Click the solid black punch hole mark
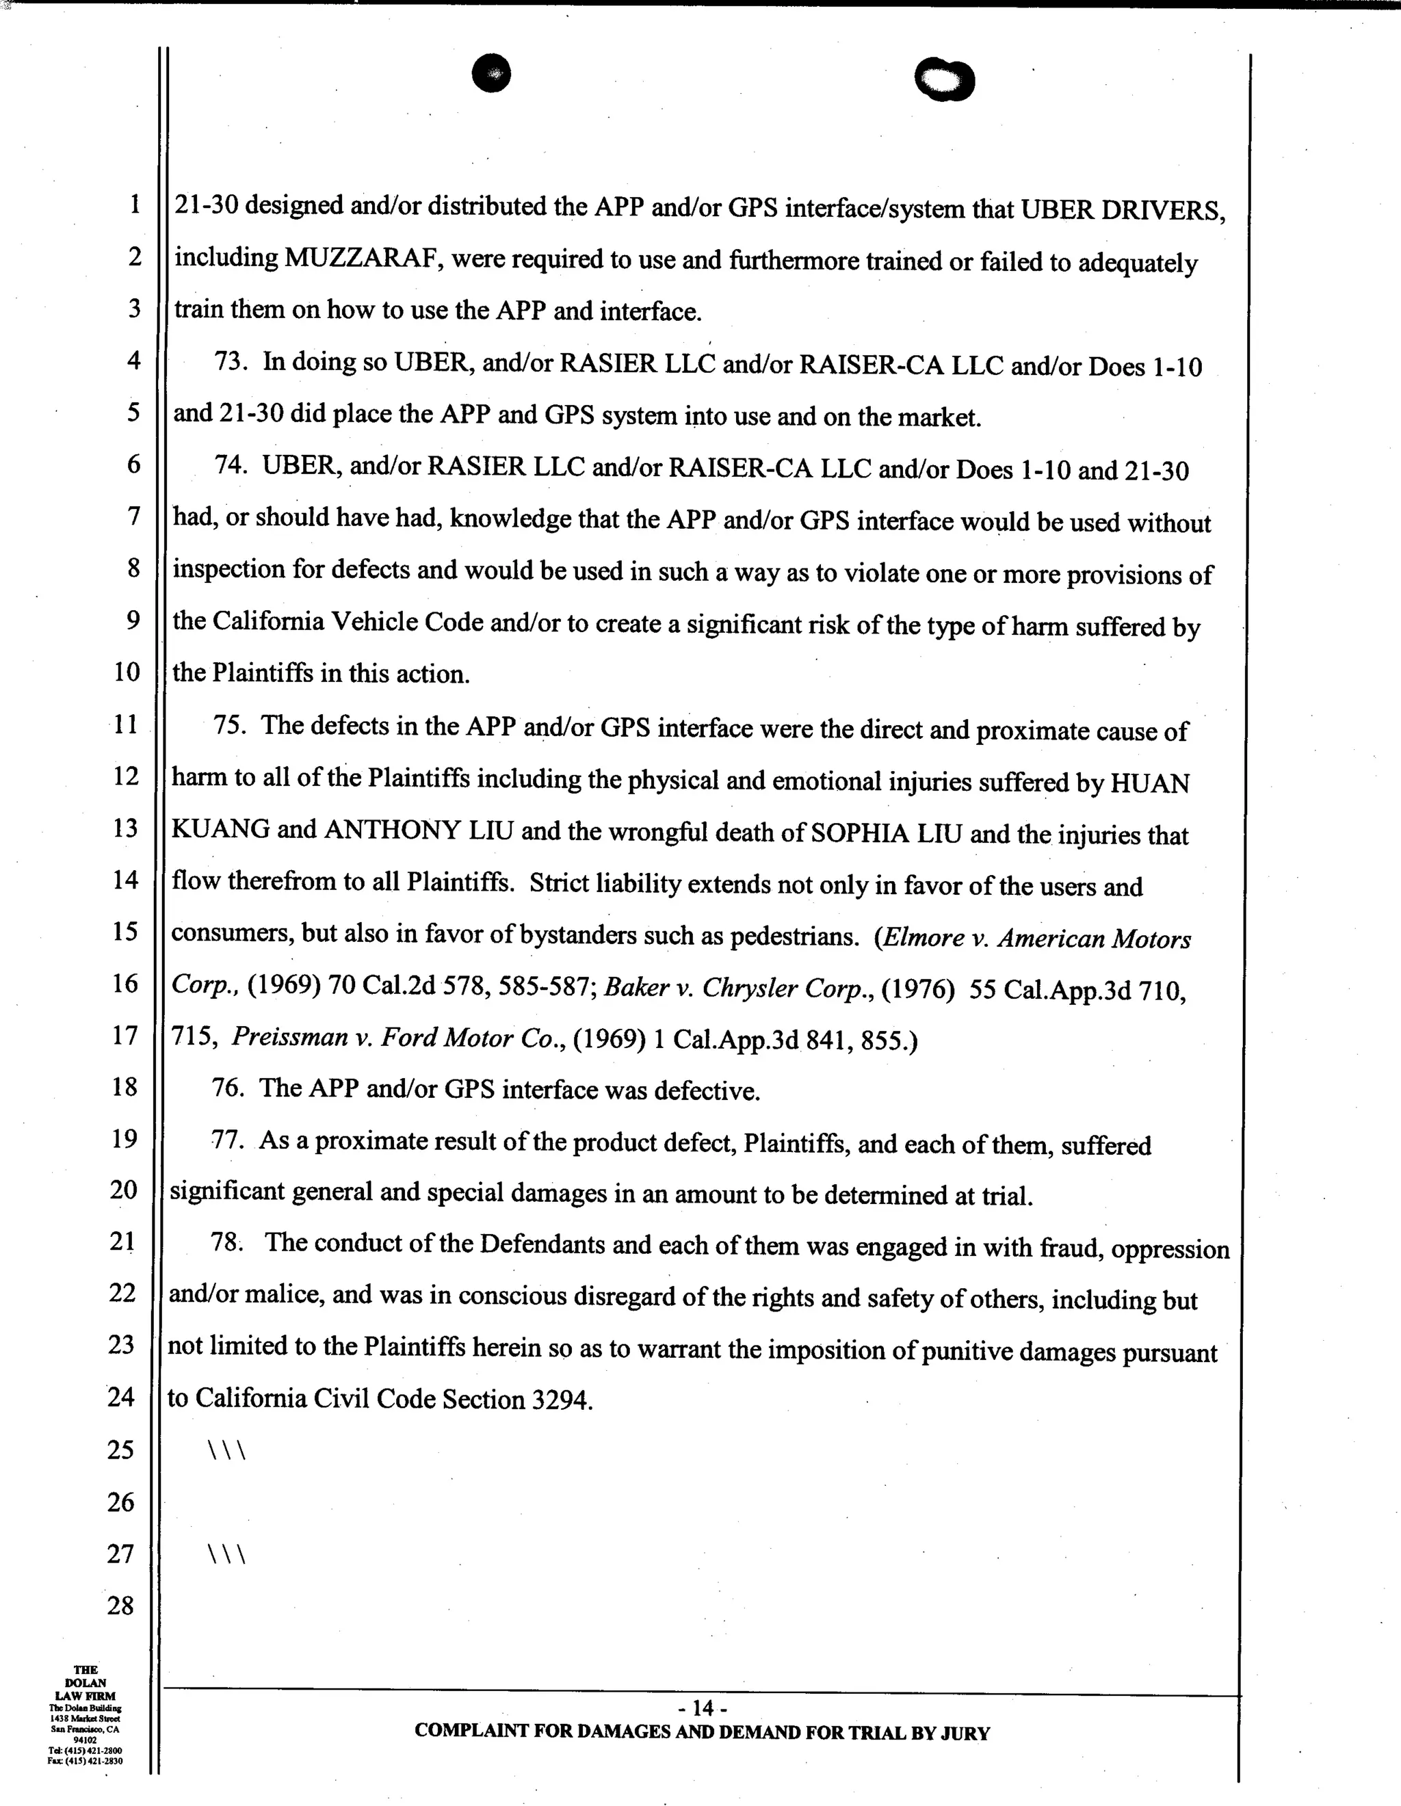coord(491,74)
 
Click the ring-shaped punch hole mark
coord(945,81)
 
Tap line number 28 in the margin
coord(121,1606)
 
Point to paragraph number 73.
coord(231,362)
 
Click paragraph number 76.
coord(227,1088)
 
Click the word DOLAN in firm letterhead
coord(86,1683)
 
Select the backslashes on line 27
coord(226,1556)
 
